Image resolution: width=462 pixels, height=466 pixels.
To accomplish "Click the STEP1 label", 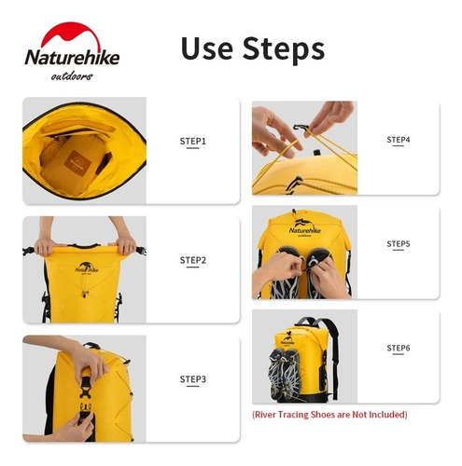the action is click(192, 142).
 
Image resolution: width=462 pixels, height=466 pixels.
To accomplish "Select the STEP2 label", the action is click(193, 260).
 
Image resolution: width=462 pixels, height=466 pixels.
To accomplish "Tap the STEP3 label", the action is click(193, 379).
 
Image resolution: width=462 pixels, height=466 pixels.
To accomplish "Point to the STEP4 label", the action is click(399, 140).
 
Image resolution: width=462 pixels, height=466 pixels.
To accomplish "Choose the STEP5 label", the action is click(399, 244).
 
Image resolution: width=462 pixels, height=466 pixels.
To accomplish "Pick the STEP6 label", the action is click(399, 348).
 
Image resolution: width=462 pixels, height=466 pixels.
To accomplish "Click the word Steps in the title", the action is click(284, 49).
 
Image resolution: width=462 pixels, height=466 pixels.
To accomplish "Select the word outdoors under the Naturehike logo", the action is click(72, 76).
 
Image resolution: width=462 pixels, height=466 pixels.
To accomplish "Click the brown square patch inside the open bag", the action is click(77, 164).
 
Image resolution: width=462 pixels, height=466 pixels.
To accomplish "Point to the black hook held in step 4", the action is click(301, 128).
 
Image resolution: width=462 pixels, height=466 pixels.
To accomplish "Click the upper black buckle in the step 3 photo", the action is click(86, 387).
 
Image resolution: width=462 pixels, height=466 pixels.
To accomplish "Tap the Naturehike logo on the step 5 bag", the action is click(304, 227).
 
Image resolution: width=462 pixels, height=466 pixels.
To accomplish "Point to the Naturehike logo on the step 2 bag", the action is click(87, 267).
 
